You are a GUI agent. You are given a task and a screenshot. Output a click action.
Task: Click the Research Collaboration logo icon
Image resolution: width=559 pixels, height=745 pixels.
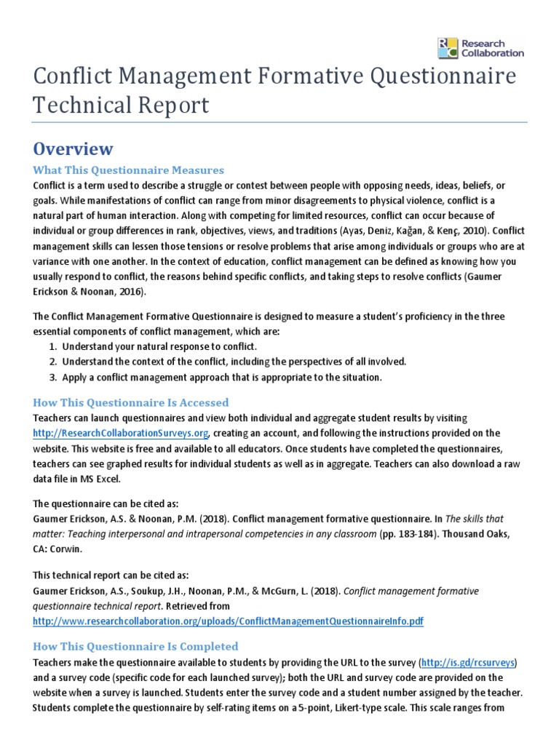point(448,48)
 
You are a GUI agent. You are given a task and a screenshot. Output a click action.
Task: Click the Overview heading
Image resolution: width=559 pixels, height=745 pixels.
point(73,149)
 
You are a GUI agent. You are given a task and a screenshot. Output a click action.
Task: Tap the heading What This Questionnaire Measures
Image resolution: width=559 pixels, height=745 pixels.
point(128,170)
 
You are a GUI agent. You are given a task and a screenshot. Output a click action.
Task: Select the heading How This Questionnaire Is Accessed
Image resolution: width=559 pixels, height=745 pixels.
point(131,402)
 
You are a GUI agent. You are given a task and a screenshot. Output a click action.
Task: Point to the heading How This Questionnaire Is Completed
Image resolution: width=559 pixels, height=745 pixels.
point(135,646)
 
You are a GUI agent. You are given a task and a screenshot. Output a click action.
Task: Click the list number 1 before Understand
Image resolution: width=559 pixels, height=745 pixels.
point(52,346)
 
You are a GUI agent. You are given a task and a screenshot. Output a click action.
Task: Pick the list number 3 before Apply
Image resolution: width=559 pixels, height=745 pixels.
point(52,377)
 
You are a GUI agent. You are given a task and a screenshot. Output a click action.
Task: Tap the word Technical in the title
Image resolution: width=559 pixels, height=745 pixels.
point(79,105)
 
